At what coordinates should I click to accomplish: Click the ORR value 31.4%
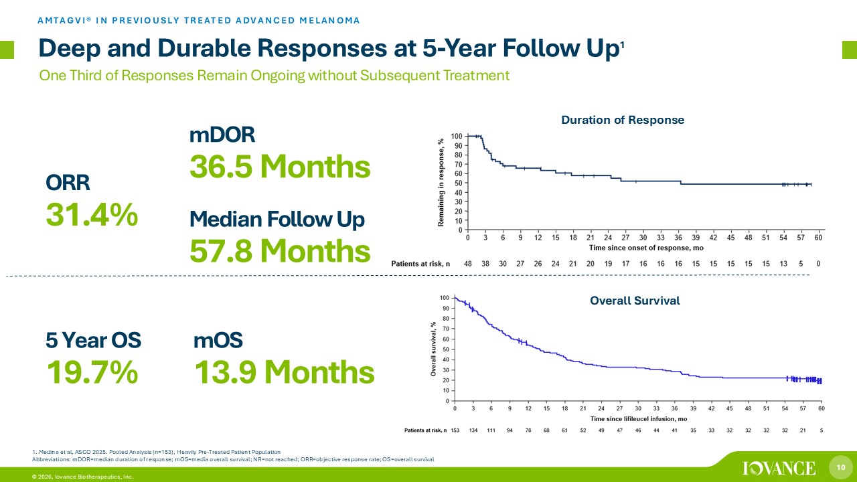coord(92,216)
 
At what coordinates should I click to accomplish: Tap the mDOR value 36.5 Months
coord(280,167)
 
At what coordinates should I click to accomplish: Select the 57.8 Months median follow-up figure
coord(280,251)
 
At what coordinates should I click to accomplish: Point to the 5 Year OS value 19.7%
coord(92,372)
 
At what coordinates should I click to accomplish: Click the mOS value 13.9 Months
coord(284,372)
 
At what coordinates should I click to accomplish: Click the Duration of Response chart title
coord(622,120)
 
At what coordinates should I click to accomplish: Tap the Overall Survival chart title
coord(635,301)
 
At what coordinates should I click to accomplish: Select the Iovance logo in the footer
coord(779,467)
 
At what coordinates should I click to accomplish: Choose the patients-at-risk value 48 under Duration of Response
coord(467,264)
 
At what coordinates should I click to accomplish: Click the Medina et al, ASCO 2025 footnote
coord(156,452)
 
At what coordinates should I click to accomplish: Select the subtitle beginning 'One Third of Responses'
coord(275,76)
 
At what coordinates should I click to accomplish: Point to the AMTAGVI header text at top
coord(198,20)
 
